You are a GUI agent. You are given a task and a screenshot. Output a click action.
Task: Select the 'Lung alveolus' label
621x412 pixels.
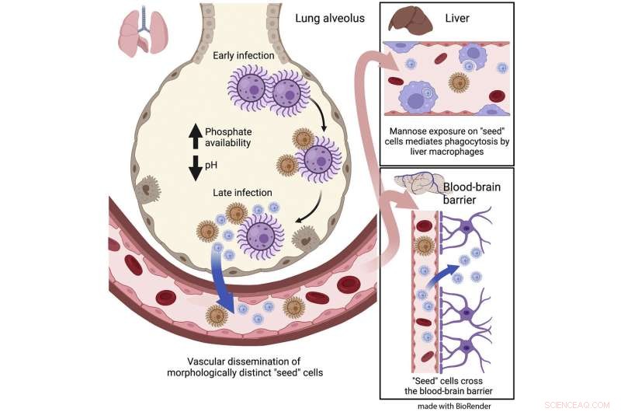330,18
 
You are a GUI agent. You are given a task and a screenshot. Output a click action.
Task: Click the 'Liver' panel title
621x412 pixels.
463,16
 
